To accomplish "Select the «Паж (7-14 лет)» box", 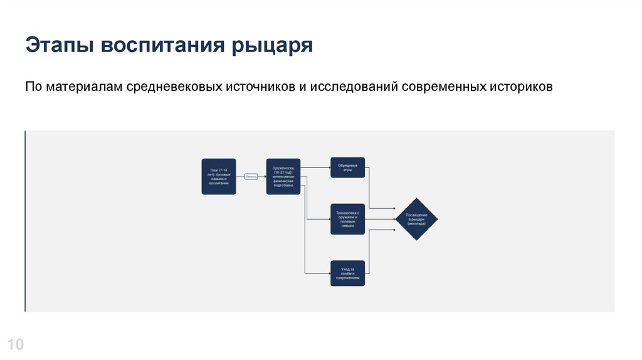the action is coord(219,176).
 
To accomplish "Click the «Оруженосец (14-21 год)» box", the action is coord(283,176).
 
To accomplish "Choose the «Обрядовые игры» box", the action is coord(348,168).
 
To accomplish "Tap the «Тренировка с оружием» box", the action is coord(348,219).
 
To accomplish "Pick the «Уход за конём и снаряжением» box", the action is coord(348,273).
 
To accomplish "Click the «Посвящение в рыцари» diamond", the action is coord(416,219).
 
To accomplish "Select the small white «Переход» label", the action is coord(251,176).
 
